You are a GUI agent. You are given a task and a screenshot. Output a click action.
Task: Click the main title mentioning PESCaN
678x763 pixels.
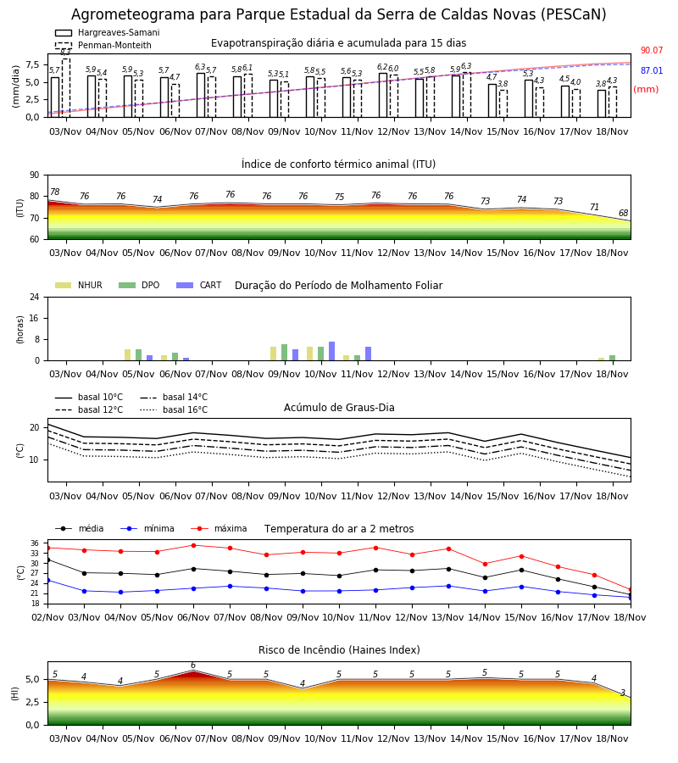338,14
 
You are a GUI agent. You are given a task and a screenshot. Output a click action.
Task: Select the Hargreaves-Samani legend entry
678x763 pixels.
108,32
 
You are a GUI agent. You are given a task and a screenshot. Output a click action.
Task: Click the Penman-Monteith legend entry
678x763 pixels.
103,45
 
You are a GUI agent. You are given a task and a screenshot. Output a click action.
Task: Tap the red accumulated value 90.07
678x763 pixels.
651,51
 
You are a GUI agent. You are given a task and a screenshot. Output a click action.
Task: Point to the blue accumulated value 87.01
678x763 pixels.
651,71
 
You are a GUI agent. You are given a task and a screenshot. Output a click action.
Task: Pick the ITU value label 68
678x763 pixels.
623,213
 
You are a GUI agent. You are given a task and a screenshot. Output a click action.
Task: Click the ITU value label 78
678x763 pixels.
54,192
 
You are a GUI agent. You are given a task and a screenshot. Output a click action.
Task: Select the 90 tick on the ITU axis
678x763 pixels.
35,175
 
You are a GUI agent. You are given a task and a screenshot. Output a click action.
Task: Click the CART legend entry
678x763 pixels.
199,285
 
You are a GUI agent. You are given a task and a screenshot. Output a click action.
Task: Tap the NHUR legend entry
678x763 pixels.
79,285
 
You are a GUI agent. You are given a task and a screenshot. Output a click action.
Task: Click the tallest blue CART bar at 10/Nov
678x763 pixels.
331,351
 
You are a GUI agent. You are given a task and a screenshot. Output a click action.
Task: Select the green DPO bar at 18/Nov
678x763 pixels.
612,358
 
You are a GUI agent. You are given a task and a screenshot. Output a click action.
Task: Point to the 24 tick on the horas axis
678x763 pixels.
35,298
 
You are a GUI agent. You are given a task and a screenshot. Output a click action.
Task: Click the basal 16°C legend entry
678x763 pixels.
174,409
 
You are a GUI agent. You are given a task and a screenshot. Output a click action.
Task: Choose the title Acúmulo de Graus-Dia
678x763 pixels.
339,408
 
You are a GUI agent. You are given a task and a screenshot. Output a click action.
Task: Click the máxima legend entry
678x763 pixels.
219,528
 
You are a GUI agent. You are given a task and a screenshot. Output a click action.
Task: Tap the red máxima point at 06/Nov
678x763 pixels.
193,545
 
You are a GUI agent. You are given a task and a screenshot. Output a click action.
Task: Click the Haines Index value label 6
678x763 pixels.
193,666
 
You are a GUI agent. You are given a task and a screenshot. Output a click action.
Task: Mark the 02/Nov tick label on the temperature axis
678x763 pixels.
47,617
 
